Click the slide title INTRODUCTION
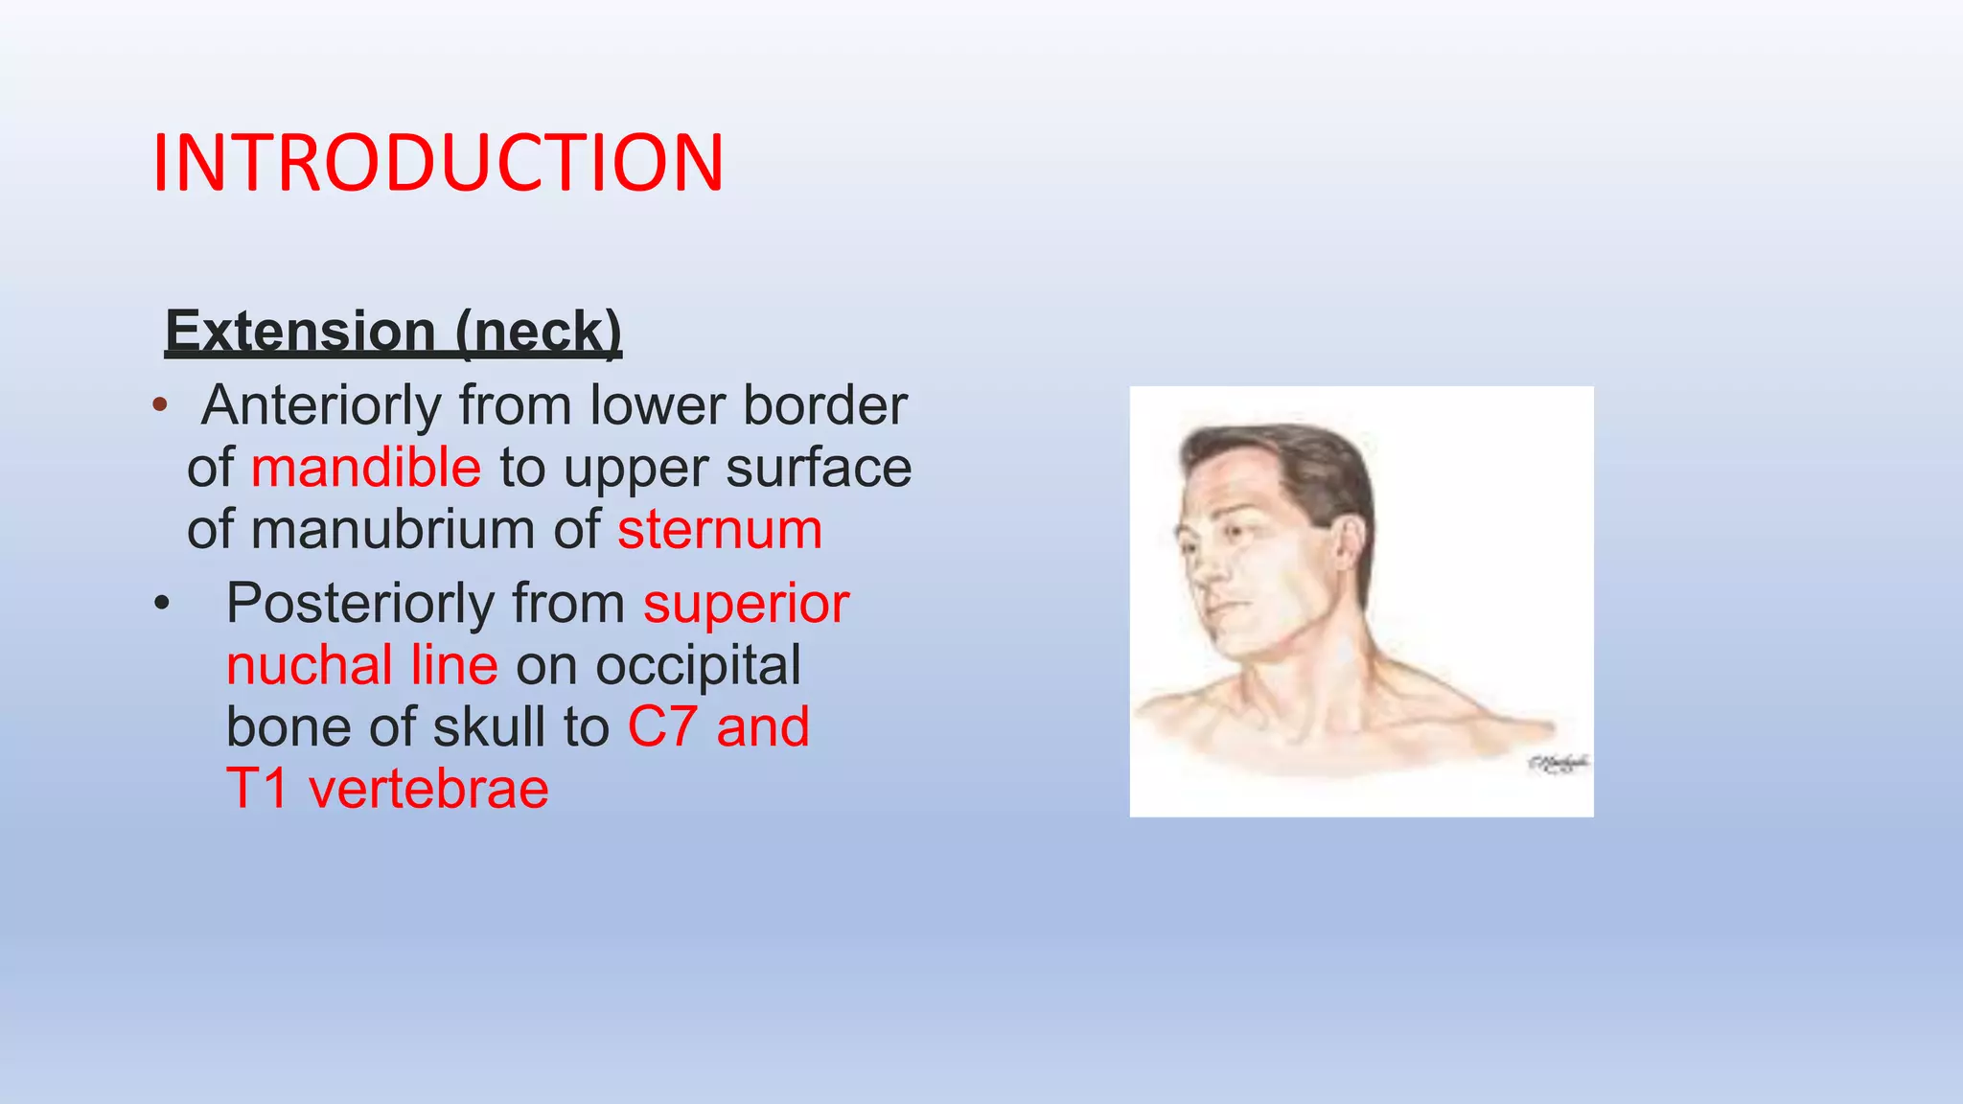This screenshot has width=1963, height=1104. (x=438, y=163)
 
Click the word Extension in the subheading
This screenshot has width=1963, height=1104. (x=301, y=332)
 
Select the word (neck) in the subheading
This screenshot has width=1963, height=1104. (x=539, y=332)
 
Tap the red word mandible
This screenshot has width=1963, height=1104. (x=366, y=468)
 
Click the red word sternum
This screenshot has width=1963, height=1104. (x=720, y=529)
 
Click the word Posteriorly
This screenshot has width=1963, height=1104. (x=358, y=604)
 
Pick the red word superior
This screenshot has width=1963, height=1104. (x=746, y=604)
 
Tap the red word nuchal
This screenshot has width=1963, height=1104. (x=309, y=665)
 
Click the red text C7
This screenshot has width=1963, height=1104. (x=662, y=726)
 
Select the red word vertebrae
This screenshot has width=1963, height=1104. (x=428, y=789)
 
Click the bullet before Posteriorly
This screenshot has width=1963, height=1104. (x=162, y=604)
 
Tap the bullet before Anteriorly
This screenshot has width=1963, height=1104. (x=160, y=405)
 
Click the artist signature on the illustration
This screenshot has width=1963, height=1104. (x=1558, y=763)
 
